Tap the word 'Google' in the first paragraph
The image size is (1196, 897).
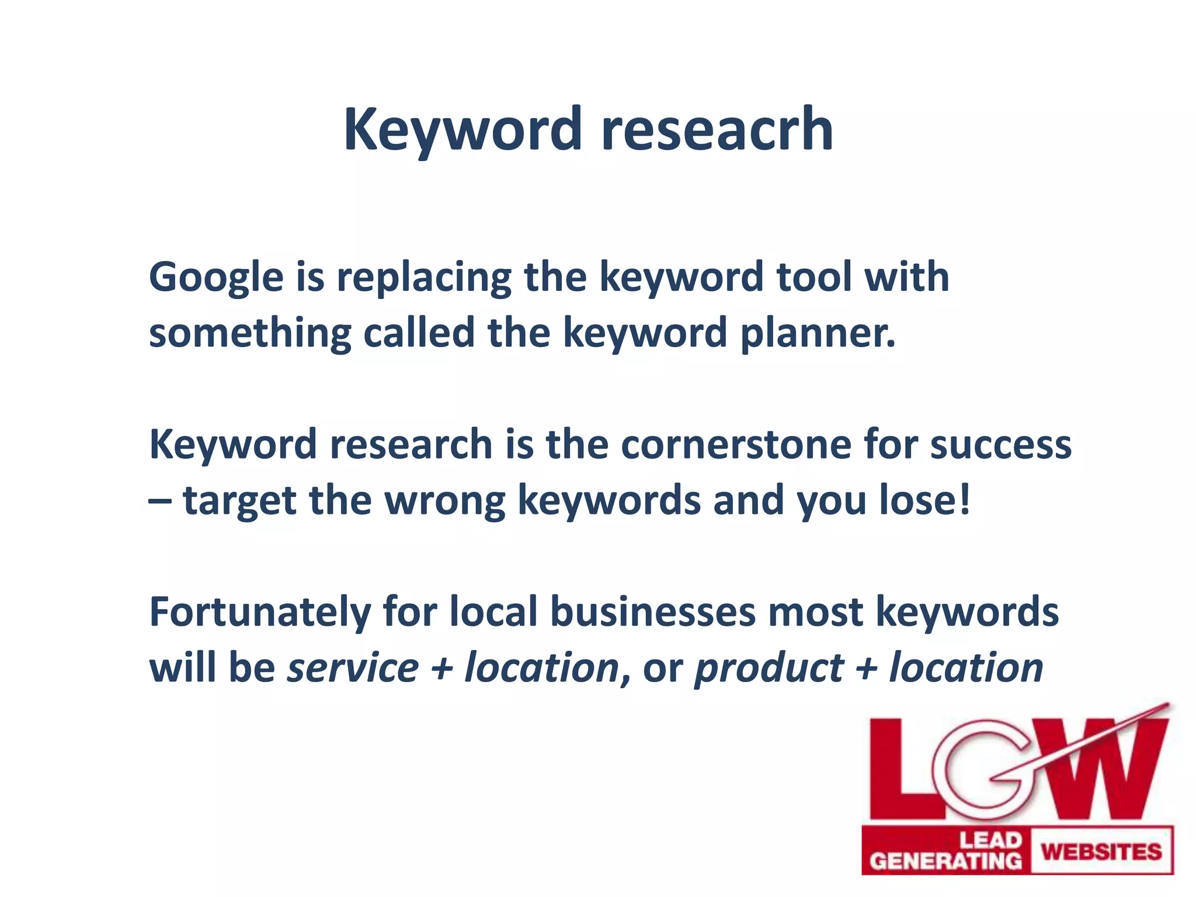[x=216, y=278]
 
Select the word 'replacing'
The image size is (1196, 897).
[x=423, y=278]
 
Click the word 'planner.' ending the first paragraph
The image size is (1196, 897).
[x=818, y=334]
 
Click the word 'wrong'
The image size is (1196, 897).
[x=445, y=501]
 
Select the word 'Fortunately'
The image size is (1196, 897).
[x=260, y=612]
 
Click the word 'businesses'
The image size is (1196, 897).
[x=653, y=612]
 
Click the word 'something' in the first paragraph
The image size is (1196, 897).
[x=250, y=334]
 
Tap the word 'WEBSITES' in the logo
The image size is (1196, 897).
[x=1101, y=851]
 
